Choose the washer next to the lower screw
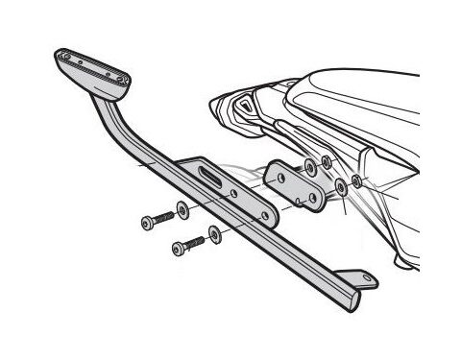tap(213, 234)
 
